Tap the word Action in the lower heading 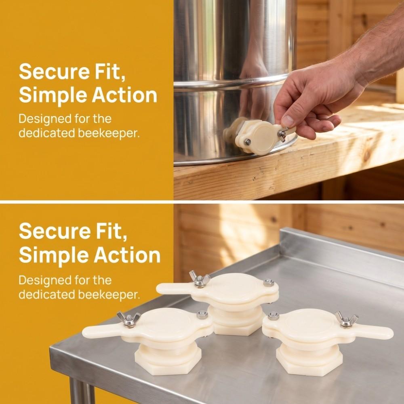pyautogui.click(x=127, y=255)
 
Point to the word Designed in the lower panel pyautogui.click(x=45, y=280)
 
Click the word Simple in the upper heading pyautogui.click(x=53, y=95)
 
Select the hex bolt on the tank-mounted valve pyautogui.click(x=248, y=142)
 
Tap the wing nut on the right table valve pyautogui.click(x=346, y=320)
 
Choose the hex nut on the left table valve pyautogui.click(x=202, y=315)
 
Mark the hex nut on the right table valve pyautogui.click(x=274, y=316)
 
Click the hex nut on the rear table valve pyautogui.click(x=269, y=282)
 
